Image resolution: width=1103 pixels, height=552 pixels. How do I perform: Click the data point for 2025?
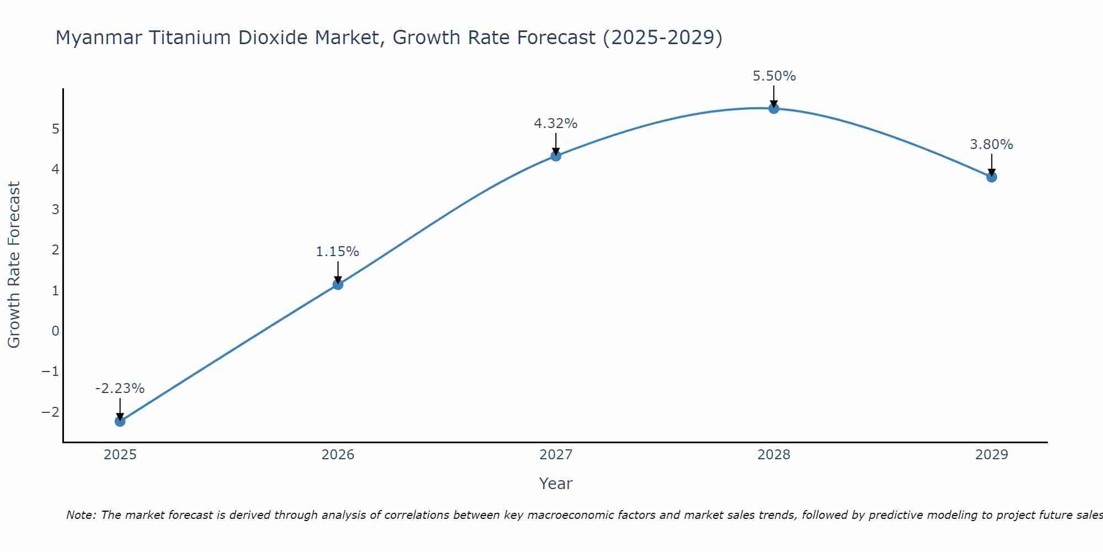tap(120, 421)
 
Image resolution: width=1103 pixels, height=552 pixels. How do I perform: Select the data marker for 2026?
tap(338, 284)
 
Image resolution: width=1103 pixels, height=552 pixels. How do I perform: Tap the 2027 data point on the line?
tap(556, 156)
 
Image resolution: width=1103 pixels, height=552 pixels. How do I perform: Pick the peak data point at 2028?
tap(774, 108)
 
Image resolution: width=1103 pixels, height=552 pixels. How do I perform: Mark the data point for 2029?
tap(992, 177)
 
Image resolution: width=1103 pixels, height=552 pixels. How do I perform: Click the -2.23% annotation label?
tap(120, 389)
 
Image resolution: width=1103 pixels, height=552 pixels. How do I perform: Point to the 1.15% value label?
tap(338, 252)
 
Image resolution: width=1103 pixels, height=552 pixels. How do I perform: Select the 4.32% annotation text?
tap(556, 124)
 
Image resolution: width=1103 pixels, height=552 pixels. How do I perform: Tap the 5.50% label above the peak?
tap(774, 76)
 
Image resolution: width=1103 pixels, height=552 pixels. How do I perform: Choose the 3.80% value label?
tap(992, 145)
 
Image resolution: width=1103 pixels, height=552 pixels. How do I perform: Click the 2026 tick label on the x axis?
tap(338, 455)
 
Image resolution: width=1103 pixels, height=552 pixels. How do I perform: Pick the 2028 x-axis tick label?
tap(774, 455)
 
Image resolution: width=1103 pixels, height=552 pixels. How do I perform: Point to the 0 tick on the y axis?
tap(56, 331)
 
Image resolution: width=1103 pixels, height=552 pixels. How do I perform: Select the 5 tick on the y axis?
tap(56, 129)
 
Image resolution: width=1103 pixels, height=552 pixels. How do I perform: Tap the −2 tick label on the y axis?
tap(51, 412)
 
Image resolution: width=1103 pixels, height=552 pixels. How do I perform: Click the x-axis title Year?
tap(556, 484)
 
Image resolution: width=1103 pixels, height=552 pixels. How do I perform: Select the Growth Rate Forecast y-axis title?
tap(14, 264)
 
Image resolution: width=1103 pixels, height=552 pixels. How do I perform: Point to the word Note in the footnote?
tap(81, 515)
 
